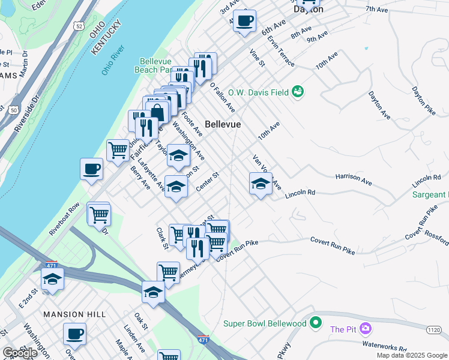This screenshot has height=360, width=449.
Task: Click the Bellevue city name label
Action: click(223, 124)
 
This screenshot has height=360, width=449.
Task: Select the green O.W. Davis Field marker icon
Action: click(298, 91)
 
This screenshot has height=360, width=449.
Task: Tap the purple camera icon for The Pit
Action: click(366, 329)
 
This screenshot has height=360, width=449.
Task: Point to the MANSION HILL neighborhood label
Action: click(74, 314)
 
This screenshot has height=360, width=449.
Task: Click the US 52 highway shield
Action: click(79, 26)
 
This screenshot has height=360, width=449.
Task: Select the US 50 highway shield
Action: click(13, 110)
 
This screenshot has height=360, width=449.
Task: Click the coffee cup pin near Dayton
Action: click(244, 21)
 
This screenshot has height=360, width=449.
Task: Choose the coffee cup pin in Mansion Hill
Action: click(74, 334)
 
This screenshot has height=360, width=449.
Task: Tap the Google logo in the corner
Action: click(20, 353)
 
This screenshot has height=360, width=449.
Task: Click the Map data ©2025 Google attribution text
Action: click(412, 355)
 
